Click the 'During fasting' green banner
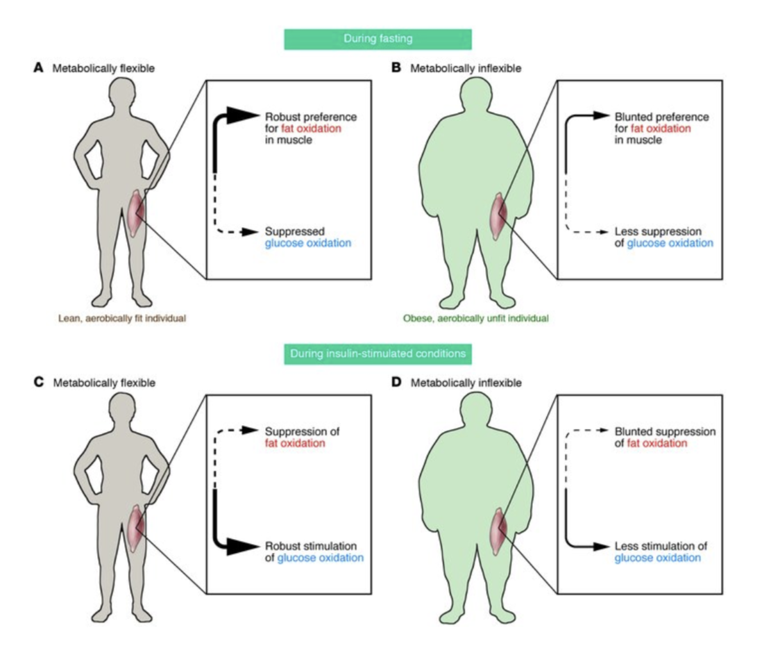coord(378,39)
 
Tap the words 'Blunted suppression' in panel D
coord(665,431)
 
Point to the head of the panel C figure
coord(121,410)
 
